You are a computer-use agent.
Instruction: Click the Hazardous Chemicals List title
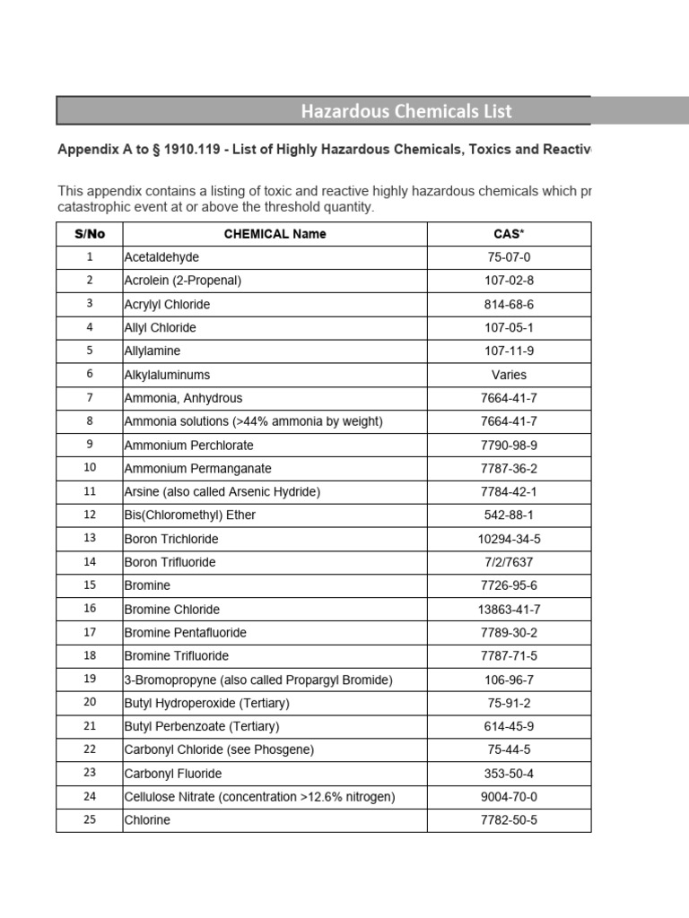[406, 111]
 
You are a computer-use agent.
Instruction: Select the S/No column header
[90, 234]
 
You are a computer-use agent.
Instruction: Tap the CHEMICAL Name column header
[275, 234]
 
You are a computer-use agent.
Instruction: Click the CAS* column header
[509, 234]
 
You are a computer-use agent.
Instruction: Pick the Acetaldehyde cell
[161, 257]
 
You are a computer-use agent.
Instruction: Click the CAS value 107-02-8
[509, 281]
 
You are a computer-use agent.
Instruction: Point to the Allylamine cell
[153, 351]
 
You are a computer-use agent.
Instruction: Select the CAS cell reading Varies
[509, 375]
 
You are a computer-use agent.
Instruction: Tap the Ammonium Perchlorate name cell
[188, 446]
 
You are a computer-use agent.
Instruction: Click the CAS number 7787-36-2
[509, 469]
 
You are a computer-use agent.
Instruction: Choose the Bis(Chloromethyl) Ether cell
[189, 515]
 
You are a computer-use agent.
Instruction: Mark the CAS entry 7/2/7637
[509, 562]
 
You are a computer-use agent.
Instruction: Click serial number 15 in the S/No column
[90, 585]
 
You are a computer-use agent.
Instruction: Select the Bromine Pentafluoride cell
[185, 633]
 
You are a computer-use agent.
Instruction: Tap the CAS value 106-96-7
[509, 680]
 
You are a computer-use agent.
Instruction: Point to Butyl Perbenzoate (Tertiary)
[202, 726]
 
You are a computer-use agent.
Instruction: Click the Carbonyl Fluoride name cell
[173, 774]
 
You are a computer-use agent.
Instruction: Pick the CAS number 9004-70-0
[509, 797]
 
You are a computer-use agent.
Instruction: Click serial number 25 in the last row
[90, 820]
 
